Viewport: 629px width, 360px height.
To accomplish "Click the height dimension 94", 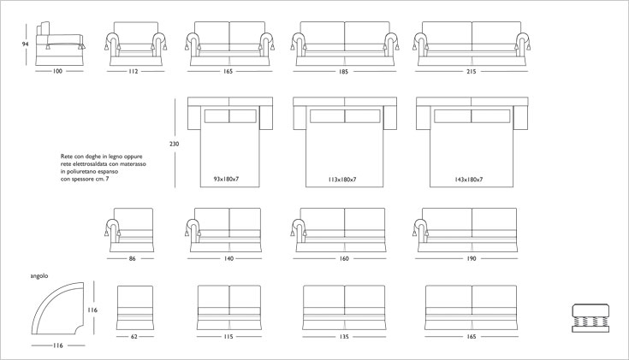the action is coord(26,44).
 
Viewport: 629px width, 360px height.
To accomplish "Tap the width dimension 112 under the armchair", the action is coord(134,71).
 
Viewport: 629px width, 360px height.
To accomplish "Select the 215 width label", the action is coord(472,71).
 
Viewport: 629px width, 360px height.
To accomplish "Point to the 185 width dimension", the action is coord(343,71).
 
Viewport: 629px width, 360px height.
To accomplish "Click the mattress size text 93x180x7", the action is coord(226,180).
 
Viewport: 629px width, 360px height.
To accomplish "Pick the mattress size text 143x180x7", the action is coord(469,180).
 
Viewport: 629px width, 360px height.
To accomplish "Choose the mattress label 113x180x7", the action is coord(342,180).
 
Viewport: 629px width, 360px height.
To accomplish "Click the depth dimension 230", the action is coord(174,144).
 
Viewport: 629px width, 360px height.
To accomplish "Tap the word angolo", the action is coord(39,276).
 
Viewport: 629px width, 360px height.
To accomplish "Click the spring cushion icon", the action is coord(590,318).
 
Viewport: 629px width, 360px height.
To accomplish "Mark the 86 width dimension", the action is coord(133,258).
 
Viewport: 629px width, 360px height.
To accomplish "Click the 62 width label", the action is coord(134,336).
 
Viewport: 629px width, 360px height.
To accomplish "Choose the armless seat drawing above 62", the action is coord(135,308).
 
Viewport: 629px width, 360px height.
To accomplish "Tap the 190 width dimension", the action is coord(472,258).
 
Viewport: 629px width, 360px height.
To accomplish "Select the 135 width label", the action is coord(344,336).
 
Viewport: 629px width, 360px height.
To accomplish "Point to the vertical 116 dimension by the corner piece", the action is coord(92,310).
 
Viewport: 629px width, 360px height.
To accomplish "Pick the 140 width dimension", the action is coord(228,258).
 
